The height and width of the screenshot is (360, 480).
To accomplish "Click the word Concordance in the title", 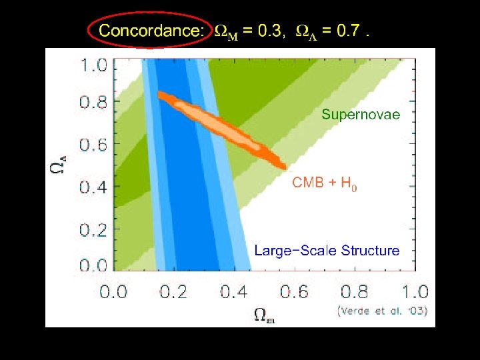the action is coord(151,31).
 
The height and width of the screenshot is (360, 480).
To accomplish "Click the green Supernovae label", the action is coord(361,115).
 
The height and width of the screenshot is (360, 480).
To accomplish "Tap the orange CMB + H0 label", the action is coord(325,183).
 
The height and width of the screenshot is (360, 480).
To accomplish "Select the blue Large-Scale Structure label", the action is coord(327,251).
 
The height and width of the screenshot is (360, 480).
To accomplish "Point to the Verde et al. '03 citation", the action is coord(383,311).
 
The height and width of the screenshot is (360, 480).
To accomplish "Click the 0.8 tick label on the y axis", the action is coord(93,102).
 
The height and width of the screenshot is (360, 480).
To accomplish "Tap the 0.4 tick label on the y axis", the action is coord(93,187).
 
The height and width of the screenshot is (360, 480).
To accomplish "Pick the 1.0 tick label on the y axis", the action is coord(94,65).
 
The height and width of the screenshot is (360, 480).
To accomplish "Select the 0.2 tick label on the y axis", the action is coord(93,229).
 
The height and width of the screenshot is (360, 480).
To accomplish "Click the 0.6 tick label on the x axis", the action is coord(294,291).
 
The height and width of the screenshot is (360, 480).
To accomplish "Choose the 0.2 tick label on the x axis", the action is coord(173,291).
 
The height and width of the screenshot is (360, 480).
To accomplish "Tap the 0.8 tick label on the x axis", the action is coord(355,291).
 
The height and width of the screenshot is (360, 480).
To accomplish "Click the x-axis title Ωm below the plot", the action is coord(265,315).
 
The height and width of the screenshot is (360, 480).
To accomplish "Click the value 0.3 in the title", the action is coord(269,31).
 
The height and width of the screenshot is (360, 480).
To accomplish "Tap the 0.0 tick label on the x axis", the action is coord(113,291).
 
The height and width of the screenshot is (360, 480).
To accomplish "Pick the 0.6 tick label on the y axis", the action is coord(93,145).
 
